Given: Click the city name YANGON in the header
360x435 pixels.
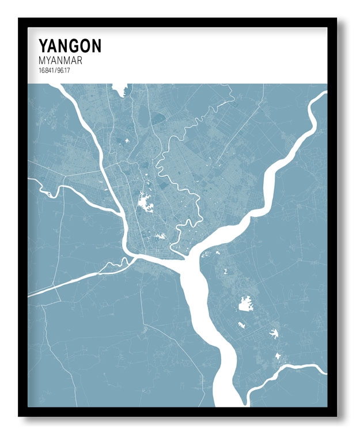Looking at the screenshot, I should coord(70,46).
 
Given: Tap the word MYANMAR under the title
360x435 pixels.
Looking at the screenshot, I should coord(60,60).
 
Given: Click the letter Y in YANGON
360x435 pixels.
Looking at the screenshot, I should coord(43,46).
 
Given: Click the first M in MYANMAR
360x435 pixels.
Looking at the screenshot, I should coord(42,60).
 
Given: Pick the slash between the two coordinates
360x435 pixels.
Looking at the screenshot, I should coord(55,70).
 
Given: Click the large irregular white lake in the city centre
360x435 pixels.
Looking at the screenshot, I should coord(144,202).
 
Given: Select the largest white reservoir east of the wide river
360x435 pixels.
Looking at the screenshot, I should coord(246,303).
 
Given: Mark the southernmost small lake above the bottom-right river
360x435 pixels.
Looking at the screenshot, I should coord(277,356).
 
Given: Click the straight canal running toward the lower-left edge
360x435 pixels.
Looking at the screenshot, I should coord(63,285).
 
